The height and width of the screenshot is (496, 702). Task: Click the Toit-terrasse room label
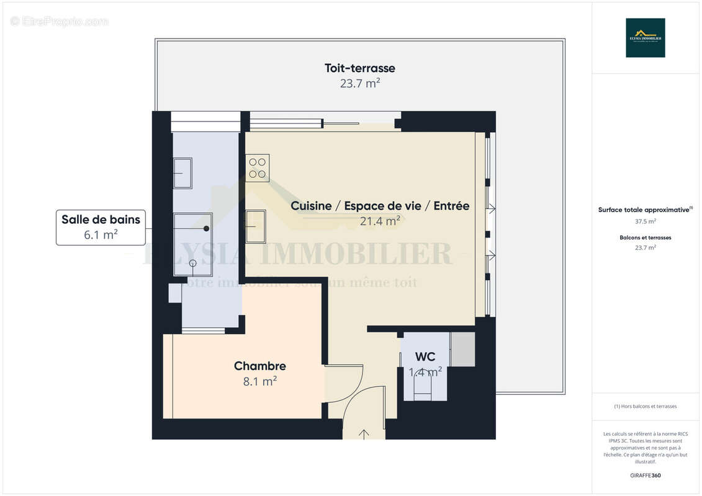(359, 68)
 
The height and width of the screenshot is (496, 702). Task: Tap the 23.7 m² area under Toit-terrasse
(359, 83)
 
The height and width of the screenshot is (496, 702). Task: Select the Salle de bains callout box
(101, 226)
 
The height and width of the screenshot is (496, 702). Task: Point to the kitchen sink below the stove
(255, 226)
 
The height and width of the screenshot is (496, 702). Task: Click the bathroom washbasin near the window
(182, 173)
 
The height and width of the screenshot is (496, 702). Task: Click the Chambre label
(259, 366)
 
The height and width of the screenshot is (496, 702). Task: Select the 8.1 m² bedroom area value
(259, 382)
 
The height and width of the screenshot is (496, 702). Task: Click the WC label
(425, 356)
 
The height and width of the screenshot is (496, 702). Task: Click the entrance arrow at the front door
(364, 433)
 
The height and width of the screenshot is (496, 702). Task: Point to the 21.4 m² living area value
(380, 220)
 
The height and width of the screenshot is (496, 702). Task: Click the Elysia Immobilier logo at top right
(645, 38)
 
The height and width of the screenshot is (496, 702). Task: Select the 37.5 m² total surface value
(645, 221)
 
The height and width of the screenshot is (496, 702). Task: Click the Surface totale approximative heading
(644, 210)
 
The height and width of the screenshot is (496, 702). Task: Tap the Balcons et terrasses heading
(645, 237)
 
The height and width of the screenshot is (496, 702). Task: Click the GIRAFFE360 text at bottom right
(645, 476)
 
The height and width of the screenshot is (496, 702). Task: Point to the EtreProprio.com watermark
(60, 22)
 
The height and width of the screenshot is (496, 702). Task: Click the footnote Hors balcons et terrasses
(645, 406)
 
